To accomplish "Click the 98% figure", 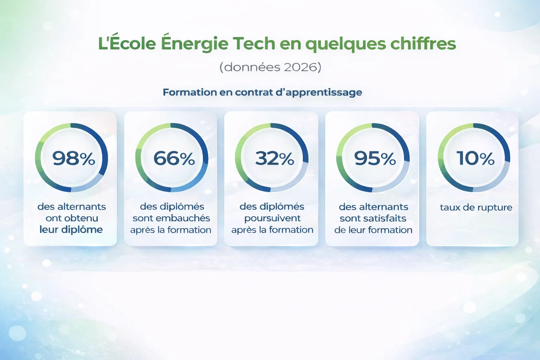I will (73, 158).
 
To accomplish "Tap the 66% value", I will (174, 158).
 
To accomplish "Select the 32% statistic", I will (275, 158).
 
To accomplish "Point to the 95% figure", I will (375, 158).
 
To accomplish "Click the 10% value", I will (475, 158).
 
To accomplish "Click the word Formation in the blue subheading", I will (190, 92).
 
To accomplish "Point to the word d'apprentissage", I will (319, 92).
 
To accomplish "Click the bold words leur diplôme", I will (71, 230).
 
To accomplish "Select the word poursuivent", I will (272, 218).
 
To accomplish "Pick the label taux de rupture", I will (476, 207).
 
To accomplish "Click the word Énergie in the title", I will (194, 44).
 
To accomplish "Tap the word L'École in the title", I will (127, 44).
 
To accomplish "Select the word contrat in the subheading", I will (254, 92).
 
